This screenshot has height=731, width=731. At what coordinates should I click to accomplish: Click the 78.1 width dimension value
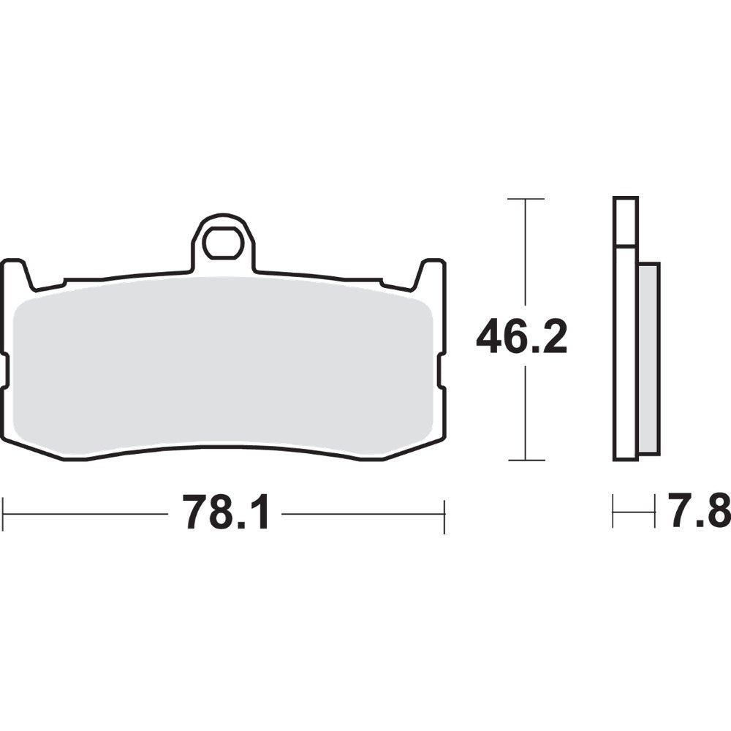point(226,512)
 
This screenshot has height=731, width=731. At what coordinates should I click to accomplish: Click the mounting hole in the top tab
point(223,243)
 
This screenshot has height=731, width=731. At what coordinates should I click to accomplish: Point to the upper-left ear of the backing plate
point(16,273)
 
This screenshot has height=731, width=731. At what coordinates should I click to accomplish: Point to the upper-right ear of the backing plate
point(431,273)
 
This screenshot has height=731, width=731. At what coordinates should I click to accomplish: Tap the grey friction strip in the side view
point(648,358)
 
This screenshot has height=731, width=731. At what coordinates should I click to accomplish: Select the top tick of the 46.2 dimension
point(526,199)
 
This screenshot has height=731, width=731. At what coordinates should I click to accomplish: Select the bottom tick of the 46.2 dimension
point(526,461)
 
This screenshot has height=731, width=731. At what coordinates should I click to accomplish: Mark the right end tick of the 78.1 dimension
point(444,515)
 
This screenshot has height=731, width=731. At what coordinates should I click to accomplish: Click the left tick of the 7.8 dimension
point(614,511)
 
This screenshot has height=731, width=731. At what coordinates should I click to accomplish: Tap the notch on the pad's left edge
point(5,370)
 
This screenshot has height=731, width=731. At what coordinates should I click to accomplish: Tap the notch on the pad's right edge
point(442,370)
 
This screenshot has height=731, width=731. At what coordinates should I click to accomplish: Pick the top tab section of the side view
point(626,221)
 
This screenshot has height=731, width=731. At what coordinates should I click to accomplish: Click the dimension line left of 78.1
point(88,514)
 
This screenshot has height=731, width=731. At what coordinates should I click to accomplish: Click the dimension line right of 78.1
point(362,514)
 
